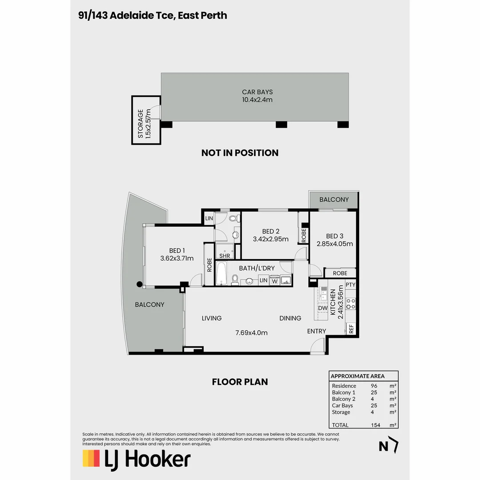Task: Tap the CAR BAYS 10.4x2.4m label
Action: (257, 96)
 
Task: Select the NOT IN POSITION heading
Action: (240, 153)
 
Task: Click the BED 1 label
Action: (177, 250)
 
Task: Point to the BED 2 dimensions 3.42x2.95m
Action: (271, 239)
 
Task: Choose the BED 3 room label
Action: (335, 236)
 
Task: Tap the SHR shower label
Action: (225, 256)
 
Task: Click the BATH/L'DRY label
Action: (256, 268)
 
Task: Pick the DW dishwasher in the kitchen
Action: (323, 308)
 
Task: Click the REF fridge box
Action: (351, 328)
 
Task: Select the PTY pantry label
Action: (351, 284)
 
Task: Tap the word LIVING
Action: (212, 318)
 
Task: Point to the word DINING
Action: (290, 318)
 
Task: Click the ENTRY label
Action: (316, 331)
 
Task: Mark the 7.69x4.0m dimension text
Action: (251, 332)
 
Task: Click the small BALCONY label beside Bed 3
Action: (334, 200)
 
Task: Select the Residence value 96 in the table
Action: (374, 386)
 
